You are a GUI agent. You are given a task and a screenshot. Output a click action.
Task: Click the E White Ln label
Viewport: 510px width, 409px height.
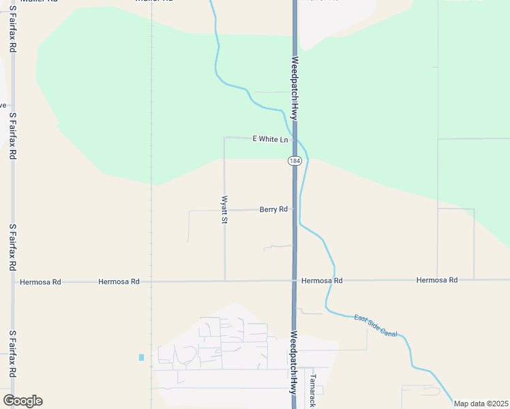pyautogui.click(x=271, y=139)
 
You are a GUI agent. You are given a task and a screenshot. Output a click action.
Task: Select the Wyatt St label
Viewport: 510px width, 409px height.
pyautogui.click(x=224, y=209)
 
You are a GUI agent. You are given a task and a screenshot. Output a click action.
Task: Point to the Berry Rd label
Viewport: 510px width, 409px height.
pyautogui.click(x=273, y=209)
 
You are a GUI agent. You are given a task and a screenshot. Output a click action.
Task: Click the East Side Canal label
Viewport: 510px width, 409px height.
pyautogui.click(x=375, y=326)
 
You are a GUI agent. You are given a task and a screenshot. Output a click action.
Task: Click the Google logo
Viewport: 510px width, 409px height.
pyautogui.click(x=22, y=401)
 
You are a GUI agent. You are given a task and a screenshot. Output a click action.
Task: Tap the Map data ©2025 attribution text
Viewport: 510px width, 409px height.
pyautogui.click(x=481, y=404)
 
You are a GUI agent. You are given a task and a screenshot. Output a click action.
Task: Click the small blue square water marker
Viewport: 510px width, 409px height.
pyautogui.click(x=141, y=357)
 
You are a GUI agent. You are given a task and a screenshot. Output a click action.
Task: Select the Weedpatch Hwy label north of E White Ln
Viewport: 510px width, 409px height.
pyautogui.click(x=295, y=89)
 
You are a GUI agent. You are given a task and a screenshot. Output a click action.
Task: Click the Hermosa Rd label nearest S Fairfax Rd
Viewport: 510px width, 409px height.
pyautogui.click(x=40, y=282)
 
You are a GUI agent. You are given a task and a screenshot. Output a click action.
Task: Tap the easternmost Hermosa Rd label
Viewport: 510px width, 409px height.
pyautogui.click(x=436, y=280)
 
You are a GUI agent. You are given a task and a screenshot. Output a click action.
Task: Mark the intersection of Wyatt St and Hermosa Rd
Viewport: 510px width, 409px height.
pyautogui.click(x=225, y=280)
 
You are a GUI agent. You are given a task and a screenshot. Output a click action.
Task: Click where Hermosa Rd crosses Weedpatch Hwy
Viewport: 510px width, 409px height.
pyautogui.click(x=295, y=280)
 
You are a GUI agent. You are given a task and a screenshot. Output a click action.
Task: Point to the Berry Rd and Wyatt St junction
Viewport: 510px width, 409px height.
pyautogui.click(x=224, y=210)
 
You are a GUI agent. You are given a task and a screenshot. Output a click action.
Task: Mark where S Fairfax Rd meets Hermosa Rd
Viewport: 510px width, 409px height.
pyautogui.click(x=13, y=281)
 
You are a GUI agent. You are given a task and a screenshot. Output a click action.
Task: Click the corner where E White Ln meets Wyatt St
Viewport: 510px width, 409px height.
pyautogui.click(x=224, y=138)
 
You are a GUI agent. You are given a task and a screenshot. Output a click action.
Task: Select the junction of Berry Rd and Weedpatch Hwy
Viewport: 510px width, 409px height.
pyautogui.click(x=295, y=209)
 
